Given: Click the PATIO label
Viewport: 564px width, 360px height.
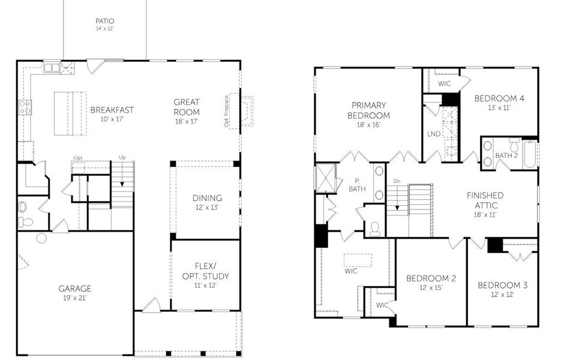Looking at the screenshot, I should coord(104,22).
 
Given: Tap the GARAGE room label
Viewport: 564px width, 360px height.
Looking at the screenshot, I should coord(75,289).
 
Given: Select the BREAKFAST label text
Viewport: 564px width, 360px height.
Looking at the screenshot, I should coord(112,110).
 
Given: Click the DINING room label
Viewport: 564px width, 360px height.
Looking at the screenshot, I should coord(207,198).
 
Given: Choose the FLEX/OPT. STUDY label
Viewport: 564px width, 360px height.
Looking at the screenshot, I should coord(205,272).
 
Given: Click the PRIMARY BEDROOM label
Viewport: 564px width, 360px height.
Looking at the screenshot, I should coord(368,110).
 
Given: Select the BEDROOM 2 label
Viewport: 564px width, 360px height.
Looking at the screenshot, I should coord(431,278).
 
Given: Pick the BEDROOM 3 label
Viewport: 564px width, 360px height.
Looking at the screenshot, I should coord(502,285).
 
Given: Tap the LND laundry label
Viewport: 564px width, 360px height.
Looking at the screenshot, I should coord(434,133).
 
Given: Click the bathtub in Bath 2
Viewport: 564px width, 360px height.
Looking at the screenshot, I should coord(530,154).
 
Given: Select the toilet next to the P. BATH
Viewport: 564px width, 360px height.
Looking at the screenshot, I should coord(375,228).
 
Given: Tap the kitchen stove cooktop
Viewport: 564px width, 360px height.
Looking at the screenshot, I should coord(25,107).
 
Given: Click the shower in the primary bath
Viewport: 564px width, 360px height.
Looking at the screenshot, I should coord(326,176).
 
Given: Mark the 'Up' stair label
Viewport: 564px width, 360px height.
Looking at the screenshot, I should coord(122,157).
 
